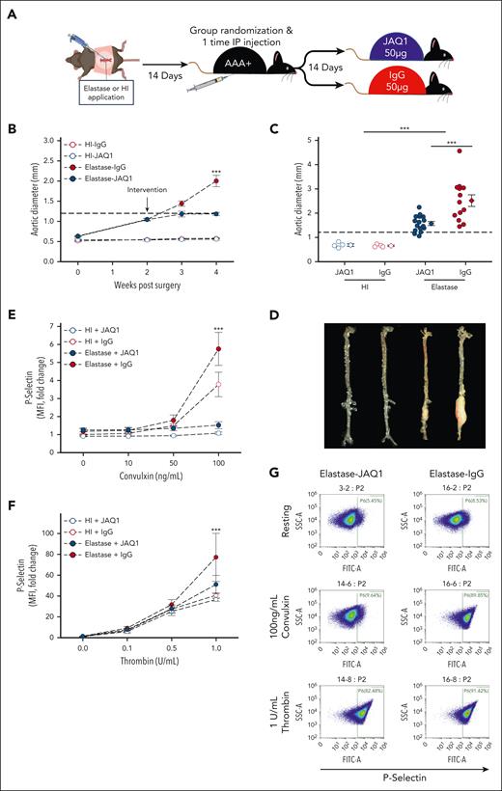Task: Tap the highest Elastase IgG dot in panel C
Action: pos(434,150)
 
